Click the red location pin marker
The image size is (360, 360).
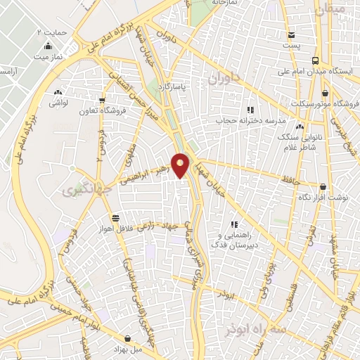[181, 164]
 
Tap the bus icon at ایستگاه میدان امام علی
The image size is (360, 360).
[314, 60]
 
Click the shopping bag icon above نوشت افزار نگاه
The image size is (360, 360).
[323, 187]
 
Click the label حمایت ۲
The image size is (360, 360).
[51, 32]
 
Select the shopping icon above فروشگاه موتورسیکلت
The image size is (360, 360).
[326, 93]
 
